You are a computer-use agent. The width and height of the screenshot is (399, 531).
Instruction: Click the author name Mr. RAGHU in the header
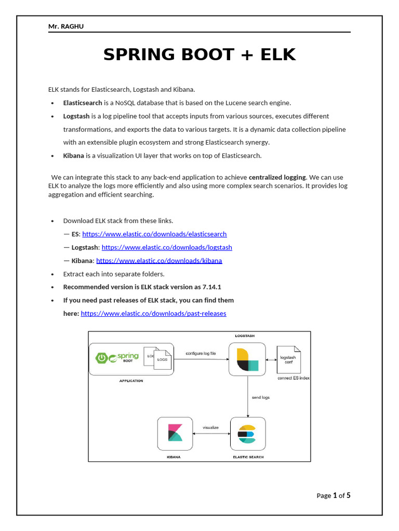tap(66, 26)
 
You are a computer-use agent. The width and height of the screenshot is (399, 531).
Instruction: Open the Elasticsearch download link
tap(154, 234)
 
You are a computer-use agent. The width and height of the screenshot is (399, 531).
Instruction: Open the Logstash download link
tap(167, 247)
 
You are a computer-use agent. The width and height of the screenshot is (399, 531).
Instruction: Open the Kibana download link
tap(159, 260)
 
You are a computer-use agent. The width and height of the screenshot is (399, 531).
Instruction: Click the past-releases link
tap(153, 313)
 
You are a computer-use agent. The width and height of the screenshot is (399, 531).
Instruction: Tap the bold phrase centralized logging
tap(277, 177)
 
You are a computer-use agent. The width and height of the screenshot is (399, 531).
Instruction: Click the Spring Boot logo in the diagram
tap(117, 358)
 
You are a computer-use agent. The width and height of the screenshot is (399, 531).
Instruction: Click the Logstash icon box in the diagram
tap(247, 359)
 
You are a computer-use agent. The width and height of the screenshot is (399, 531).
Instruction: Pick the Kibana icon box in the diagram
tap(175, 434)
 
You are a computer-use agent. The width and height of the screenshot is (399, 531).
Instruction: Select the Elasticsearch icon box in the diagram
tap(247, 434)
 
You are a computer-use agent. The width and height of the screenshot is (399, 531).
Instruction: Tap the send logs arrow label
tap(261, 397)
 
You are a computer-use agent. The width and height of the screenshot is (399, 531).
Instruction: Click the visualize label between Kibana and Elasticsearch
tap(210, 428)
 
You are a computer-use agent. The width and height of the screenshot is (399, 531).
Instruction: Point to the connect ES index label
tap(294, 378)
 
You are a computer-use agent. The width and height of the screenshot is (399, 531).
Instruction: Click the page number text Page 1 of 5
tap(334, 495)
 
